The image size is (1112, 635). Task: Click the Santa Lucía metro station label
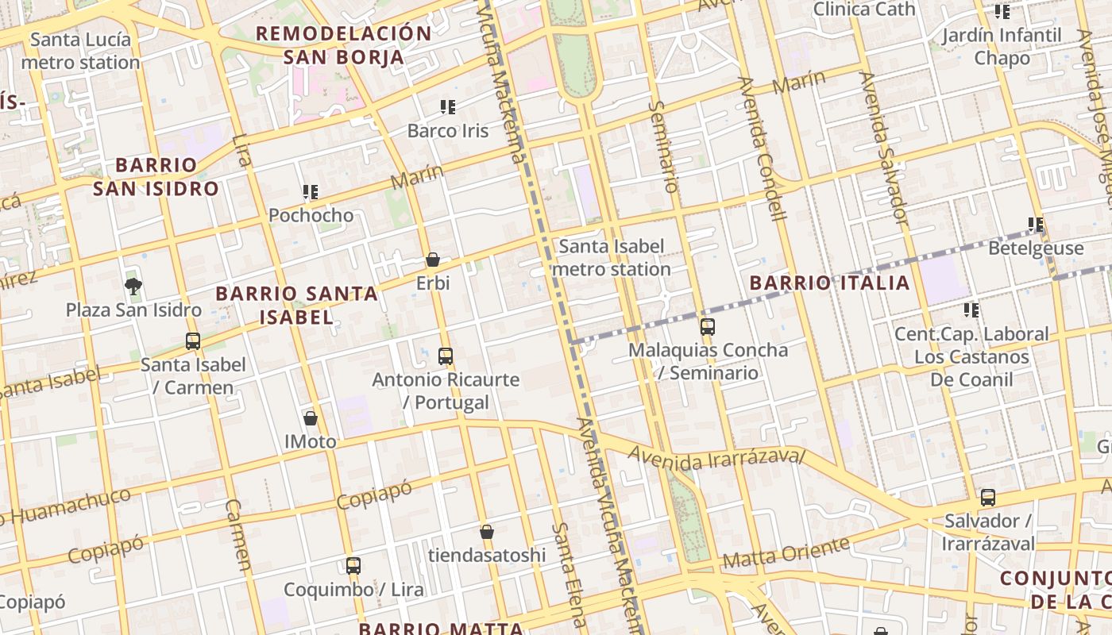coord(80,51)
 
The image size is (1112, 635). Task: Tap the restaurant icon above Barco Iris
coord(448,106)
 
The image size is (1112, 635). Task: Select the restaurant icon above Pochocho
coord(311,191)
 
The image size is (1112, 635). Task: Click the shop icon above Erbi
coord(433,260)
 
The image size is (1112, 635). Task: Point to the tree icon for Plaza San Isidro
coord(133,287)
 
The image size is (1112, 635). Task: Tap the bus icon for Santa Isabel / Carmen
coord(193,341)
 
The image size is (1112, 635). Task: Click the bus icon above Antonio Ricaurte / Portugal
coord(446,356)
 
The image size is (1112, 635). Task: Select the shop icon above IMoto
coord(311,418)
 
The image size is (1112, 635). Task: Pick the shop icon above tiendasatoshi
coord(487,531)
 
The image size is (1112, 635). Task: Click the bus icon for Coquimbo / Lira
coord(353,566)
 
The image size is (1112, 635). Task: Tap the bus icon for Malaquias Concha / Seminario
coord(707,326)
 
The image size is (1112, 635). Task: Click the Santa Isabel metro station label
coord(611,258)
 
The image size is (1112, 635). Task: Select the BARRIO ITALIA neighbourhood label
coord(829,283)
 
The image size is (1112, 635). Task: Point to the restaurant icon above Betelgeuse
coord(1035,225)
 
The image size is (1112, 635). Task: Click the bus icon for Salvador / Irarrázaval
coord(988,498)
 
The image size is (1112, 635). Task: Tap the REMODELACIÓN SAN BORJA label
coord(344,45)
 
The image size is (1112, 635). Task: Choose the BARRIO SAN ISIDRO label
coord(156,177)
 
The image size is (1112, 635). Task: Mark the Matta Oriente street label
coord(786,553)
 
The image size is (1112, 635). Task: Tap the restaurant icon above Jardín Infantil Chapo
coord(1002,12)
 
